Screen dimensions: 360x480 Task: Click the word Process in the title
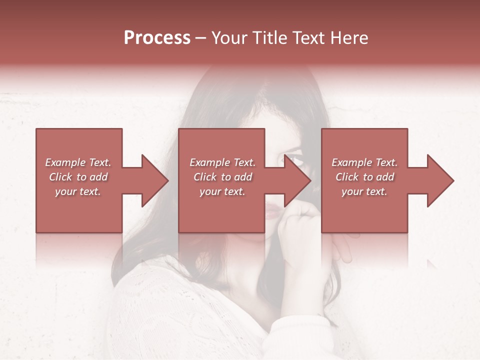157,38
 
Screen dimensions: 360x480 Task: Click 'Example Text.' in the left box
78,162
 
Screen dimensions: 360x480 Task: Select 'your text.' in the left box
78,191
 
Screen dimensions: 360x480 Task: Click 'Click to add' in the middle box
222,177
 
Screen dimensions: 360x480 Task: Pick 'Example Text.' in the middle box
222,162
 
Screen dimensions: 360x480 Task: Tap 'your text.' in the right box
364,191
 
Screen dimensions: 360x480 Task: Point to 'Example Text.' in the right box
364,162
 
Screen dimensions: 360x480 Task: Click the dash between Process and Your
200,38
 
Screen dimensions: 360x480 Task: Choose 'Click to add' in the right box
364,177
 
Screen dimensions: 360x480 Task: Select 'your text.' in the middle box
222,191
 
